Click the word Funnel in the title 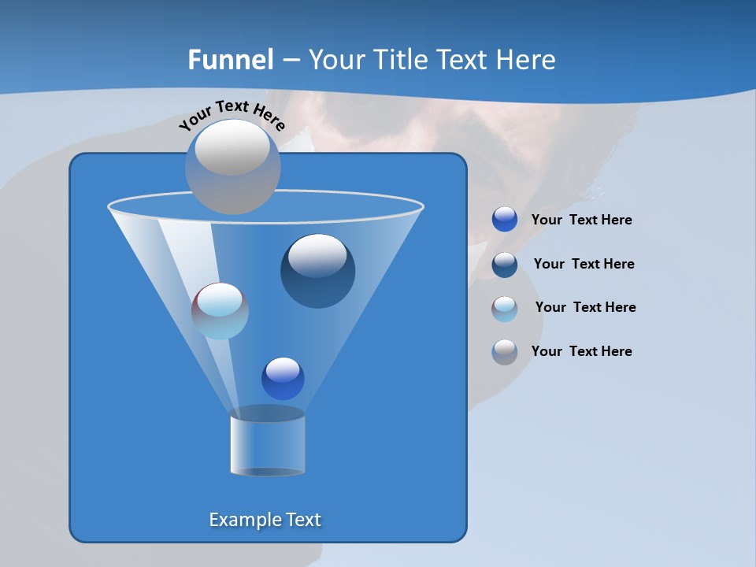(x=231, y=60)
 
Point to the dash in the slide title (x=291, y=60)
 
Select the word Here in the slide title (x=526, y=60)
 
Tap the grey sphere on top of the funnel (x=233, y=167)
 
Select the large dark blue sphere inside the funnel (x=318, y=271)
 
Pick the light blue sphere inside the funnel (x=220, y=311)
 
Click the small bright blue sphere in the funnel (x=283, y=379)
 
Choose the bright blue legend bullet (x=505, y=220)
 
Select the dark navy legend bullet (x=505, y=265)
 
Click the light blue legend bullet (x=505, y=309)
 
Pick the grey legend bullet (x=505, y=352)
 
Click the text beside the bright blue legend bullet (x=582, y=220)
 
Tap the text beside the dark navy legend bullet (x=584, y=264)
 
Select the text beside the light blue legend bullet (x=586, y=307)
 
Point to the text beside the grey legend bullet (x=582, y=351)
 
